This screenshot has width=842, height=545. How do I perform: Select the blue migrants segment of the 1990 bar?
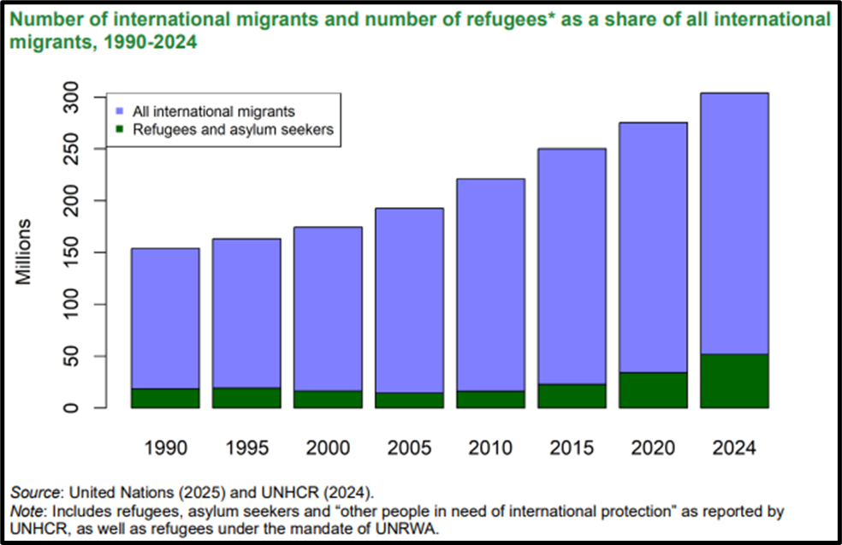[165, 318]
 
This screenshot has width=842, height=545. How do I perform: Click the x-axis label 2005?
[410, 447]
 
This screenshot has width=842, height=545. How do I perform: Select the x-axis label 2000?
[329, 447]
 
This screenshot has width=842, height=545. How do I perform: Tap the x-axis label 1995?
[247, 447]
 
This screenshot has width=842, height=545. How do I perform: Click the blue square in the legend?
[121, 111]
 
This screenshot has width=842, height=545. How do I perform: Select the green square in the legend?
[121, 130]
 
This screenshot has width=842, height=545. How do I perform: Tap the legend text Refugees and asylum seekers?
[233, 130]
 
